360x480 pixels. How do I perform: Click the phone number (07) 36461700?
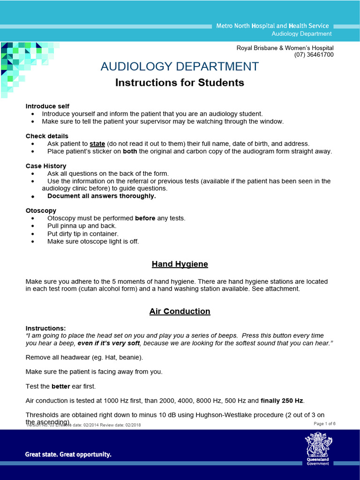pyautogui.click(x=314, y=54)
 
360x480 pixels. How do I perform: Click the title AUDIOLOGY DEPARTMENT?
pyautogui.click(x=180, y=67)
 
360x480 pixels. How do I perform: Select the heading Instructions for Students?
pyautogui.click(x=180, y=83)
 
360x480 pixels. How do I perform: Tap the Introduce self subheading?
pyautogui.click(x=47, y=106)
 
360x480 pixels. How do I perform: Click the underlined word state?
pyautogui.click(x=97, y=143)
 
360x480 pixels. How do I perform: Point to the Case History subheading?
pyautogui.click(x=46, y=166)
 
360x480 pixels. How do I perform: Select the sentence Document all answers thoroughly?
pyautogui.click(x=101, y=196)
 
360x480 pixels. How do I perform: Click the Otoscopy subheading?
pyautogui.click(x=41, y=210)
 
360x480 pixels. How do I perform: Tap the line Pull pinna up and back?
pyautogui.click(x=82, y=226)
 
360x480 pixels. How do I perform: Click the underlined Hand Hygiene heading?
pyautogui.click(x=180, y=264)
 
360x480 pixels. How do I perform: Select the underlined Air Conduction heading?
pyautogui.click(x=180, y=311)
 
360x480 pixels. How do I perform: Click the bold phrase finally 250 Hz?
pyautogui.click(x=282, y=400)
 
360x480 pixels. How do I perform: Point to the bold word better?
pyautogui.click(x=60, y=386)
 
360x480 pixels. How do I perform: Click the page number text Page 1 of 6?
pyautogui.click(x=324, y=424)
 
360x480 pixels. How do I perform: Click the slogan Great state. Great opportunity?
pyautogui.click(x=68, y=454)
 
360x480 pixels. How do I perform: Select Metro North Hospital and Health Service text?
pyautogui.click(x=272, y=26)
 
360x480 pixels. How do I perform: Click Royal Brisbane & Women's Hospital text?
pyautogui.click(x=285, y=48)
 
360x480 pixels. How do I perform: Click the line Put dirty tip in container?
pyautogui.click(x=82, y=233)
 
